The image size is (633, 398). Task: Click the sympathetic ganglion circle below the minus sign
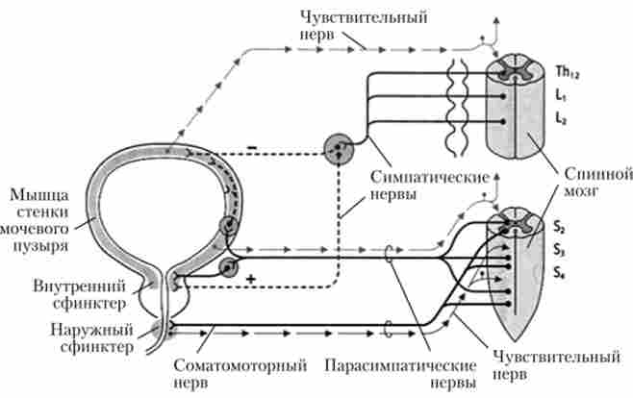coord(339,148)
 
